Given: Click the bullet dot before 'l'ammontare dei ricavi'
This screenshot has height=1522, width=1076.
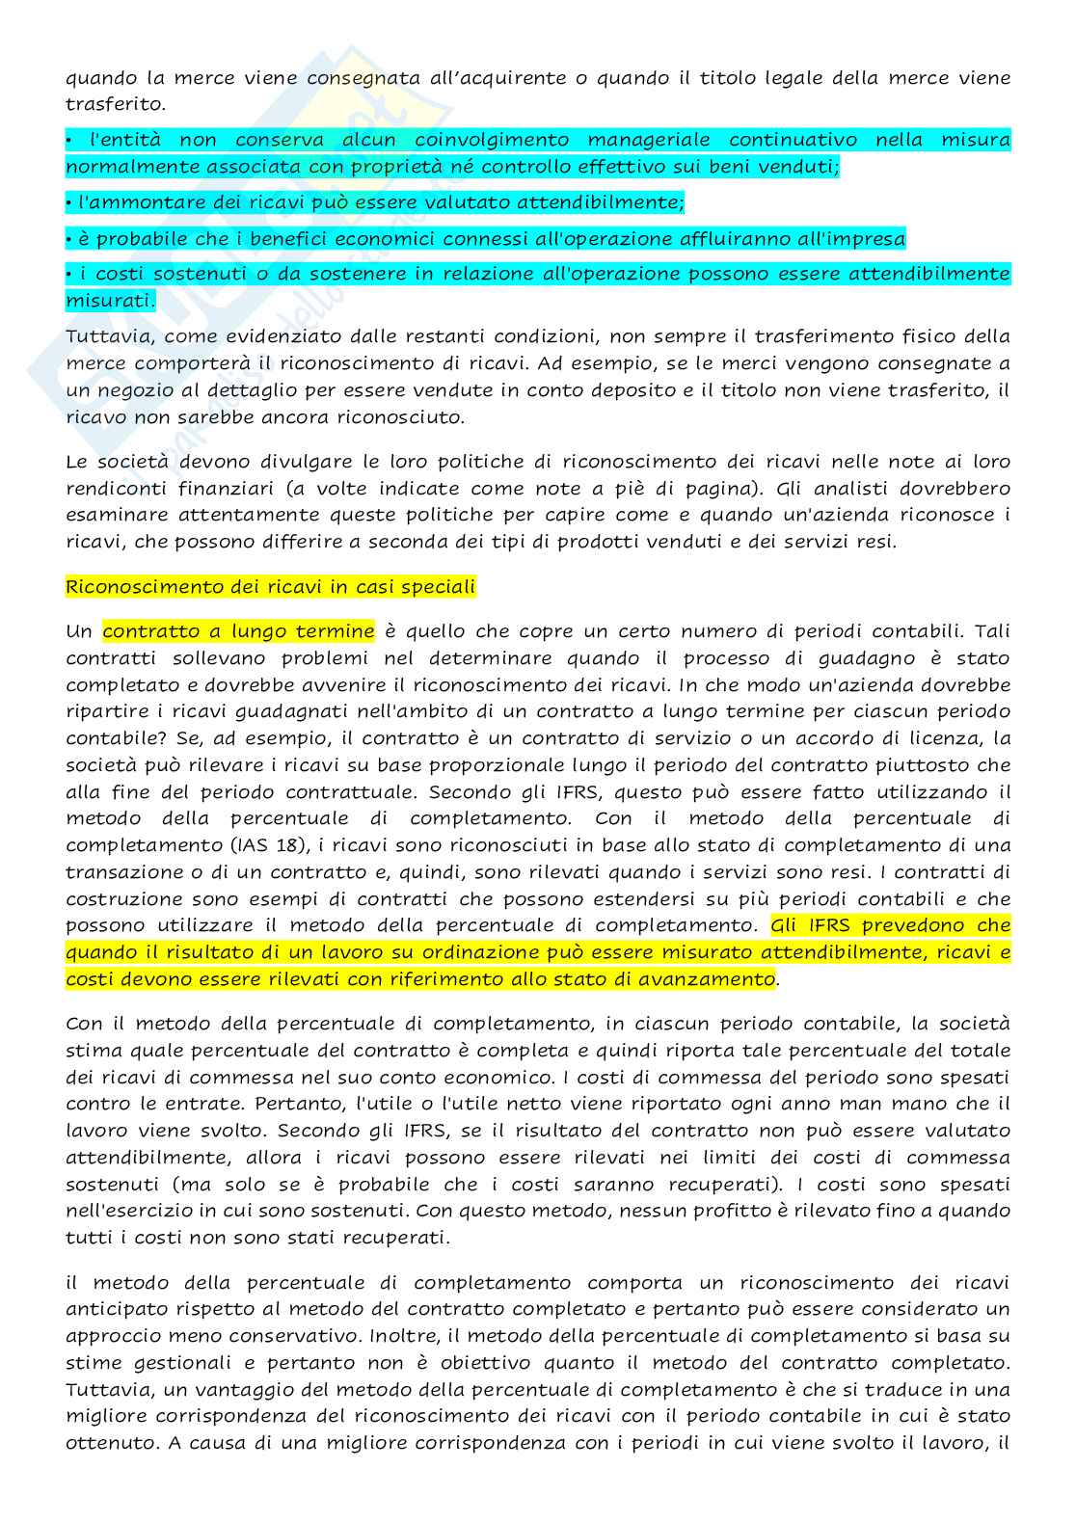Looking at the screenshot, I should tap(68, 202).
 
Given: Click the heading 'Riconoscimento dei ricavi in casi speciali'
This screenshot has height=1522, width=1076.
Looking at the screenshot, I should tap(270, 587).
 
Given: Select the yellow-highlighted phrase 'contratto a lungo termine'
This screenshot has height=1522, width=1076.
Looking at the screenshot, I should tap(238, 631).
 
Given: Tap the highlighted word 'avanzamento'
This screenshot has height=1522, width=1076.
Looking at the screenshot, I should tap(711, 979).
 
